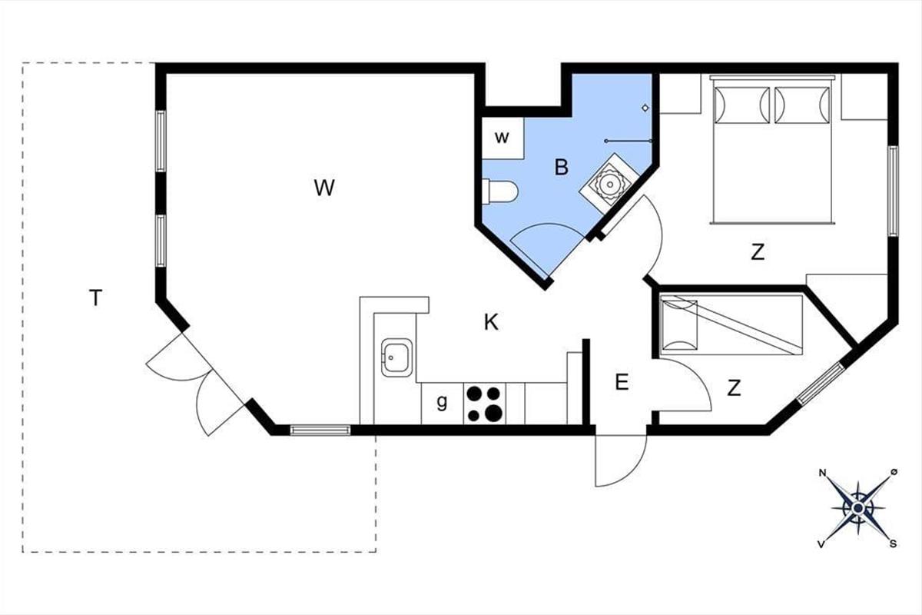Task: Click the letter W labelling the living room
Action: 324,188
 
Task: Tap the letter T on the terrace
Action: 95,298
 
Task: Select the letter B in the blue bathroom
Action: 562,168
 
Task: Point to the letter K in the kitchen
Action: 491,322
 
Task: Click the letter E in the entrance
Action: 622,382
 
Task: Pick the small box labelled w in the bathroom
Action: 502,138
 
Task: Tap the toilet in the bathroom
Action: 499,191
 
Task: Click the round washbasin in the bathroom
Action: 609,184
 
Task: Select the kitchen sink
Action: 396,357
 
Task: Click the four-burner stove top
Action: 485,404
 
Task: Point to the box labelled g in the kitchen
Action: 443,404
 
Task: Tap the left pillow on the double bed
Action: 742,105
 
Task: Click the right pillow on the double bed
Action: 802,105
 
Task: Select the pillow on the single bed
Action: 679,325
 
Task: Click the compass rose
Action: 857,508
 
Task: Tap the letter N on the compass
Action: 822,473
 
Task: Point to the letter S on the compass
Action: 893,544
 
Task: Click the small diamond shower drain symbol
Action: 645,108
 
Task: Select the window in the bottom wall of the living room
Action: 320,430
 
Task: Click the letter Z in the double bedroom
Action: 758,252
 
